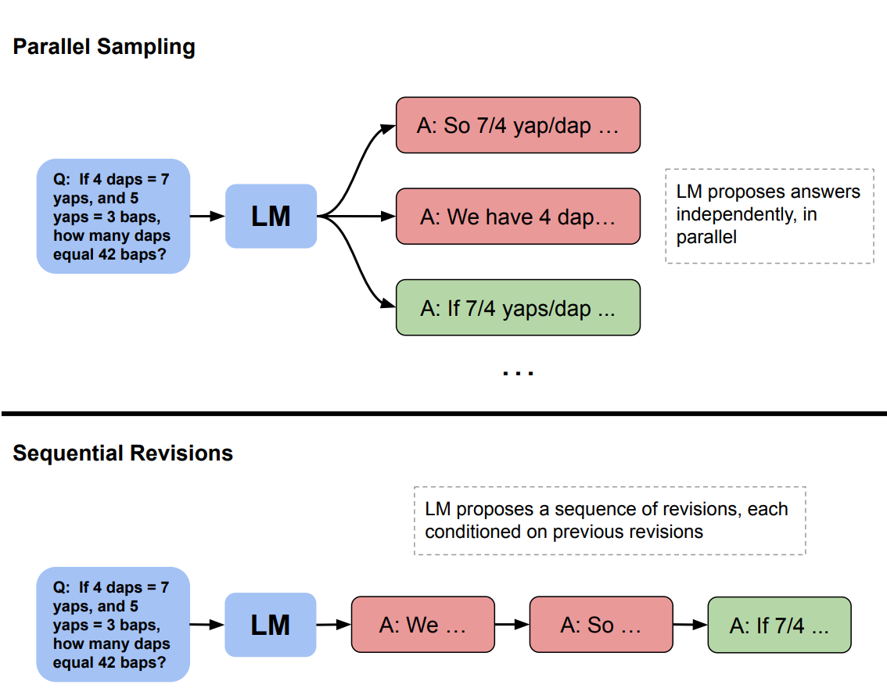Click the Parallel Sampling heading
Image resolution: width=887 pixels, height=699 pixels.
click(x=104, y=47)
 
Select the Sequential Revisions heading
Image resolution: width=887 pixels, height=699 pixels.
click(x=123, y=453)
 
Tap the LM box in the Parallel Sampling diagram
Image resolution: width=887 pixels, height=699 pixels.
click(x=271, y=216)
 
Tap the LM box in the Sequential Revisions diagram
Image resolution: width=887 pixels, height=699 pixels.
click(x=271, y=625)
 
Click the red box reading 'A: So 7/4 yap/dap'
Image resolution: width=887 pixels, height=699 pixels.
click(x=518, y=125)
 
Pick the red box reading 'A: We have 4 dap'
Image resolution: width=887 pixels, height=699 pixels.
click(x=518, y=217)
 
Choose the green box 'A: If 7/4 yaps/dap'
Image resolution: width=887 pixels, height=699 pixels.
click(x=518, y=308)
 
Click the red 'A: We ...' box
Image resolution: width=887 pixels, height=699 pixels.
click(x=423, y=625)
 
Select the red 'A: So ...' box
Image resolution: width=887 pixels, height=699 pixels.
click(x=601, y=625)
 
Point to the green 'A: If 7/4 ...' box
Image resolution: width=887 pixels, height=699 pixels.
click(x=779, y=625)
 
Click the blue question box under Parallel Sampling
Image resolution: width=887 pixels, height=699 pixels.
click(x=113, y=217)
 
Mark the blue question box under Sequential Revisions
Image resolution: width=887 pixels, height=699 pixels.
click(x=113, y=625)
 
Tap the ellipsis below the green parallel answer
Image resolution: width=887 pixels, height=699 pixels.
click(x=518, y=373)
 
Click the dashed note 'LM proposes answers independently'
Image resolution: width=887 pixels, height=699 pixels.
click(x=769, y=215)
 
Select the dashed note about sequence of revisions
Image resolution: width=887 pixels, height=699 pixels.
click(x=609, y=521)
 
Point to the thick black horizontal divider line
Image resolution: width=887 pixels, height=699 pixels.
click(x=443, y=413)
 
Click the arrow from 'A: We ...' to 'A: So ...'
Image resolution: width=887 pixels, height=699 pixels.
click(x=512, y=625)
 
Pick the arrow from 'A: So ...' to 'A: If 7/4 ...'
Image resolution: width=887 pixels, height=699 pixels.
click(x=690, y=625)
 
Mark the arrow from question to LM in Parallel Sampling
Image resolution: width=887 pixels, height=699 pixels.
click(x=207, y=217)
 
